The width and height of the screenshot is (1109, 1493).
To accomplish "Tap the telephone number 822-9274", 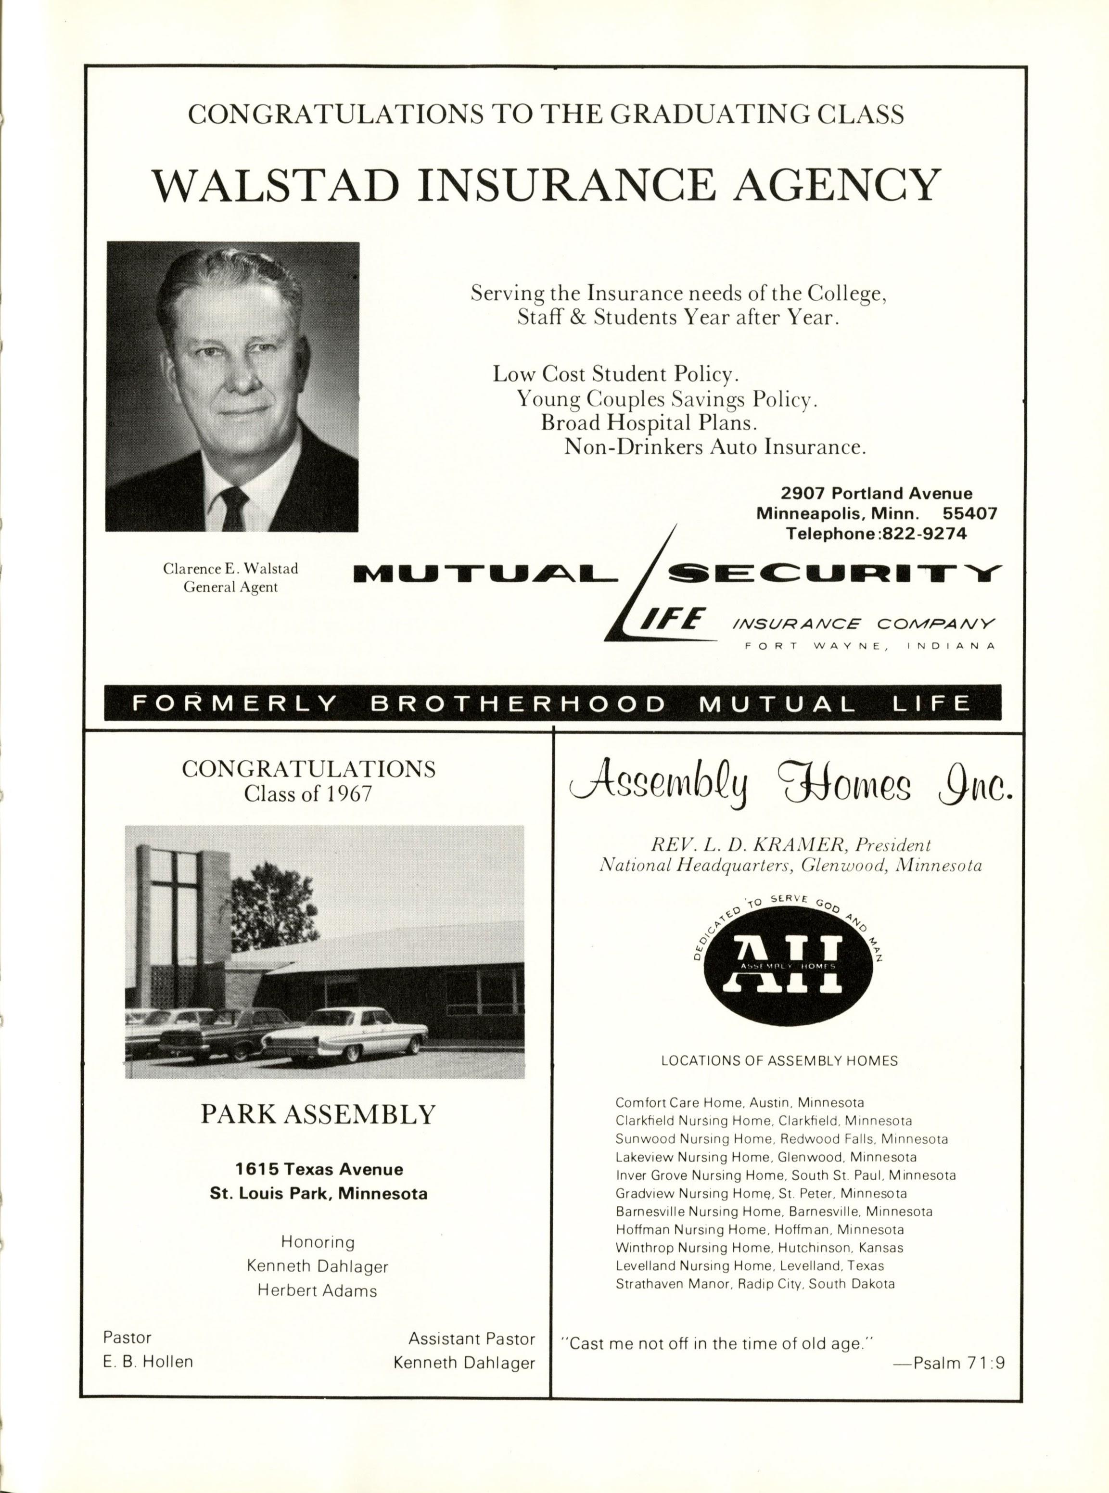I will (x=928, y=534).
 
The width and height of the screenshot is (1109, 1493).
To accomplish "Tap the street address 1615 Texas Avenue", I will (x=319, y=1169).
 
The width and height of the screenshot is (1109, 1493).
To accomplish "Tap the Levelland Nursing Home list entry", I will (x=749, y=1265).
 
